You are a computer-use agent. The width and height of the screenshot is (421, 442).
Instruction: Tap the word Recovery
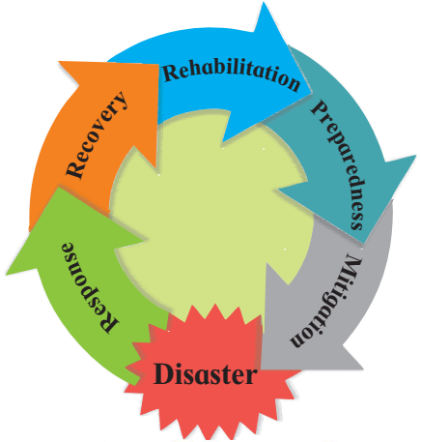(98, 134)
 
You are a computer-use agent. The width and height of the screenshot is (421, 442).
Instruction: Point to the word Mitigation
(326, 301)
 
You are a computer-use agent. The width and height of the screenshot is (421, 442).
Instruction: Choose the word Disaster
(206, 374)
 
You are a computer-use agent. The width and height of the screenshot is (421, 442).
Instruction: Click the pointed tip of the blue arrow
(312, 94)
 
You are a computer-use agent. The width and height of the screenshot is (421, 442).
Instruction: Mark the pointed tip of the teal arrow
(364, 244)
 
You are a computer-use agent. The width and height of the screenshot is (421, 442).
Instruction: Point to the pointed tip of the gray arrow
(261, 368)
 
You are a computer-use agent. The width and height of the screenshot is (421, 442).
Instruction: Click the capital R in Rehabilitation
(171, 74)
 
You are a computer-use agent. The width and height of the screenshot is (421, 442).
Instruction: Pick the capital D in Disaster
(164, 374)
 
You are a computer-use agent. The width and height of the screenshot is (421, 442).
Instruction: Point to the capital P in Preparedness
(320, 108)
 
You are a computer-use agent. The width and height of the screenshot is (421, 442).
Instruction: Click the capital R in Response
(109, 323)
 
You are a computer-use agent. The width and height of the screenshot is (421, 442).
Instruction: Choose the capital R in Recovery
(75, 168)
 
